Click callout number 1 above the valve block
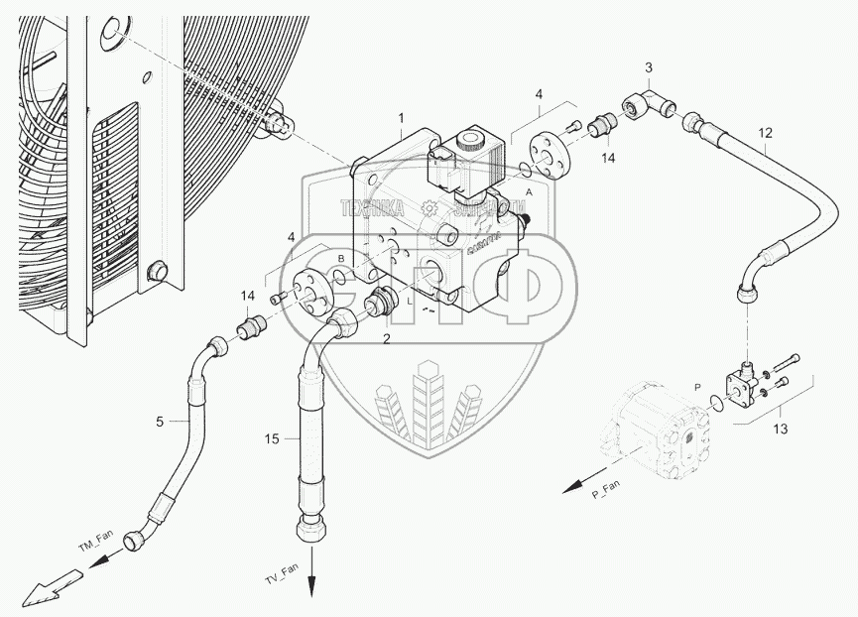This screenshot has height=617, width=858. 400,118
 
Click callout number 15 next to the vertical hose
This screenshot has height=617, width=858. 272,437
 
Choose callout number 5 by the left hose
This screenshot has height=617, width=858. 159,422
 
